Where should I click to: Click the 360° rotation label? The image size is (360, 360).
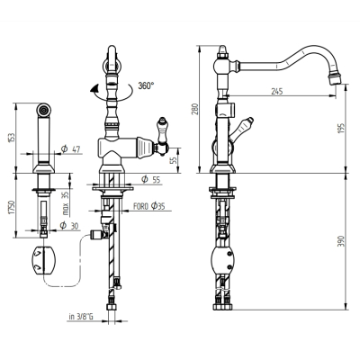(146, 85)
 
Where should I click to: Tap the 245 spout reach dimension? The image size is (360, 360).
(277, 91)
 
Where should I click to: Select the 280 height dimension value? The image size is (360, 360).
(195, 109)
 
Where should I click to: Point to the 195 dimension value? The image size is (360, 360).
(342, 129)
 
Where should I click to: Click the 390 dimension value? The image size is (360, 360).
(342, 241)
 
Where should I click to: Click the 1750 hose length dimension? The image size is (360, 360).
(12, 207)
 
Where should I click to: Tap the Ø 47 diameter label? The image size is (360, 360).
(71, 149)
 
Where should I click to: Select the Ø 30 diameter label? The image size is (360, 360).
(69, 226)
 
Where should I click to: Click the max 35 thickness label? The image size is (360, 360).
(66, 204)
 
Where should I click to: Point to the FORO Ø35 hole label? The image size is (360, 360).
(148, 206)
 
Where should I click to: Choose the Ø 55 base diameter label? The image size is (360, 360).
(151, 180)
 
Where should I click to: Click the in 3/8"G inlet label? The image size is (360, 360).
(81, 317)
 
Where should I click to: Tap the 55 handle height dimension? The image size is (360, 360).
(174, 160)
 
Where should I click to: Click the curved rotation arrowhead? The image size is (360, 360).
(95, 89)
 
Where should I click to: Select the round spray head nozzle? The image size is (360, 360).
(43, 110)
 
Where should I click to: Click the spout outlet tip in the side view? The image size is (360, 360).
(335, 80)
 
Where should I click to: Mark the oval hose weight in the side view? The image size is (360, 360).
(223, 260)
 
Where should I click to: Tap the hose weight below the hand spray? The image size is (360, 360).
(43, 260)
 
